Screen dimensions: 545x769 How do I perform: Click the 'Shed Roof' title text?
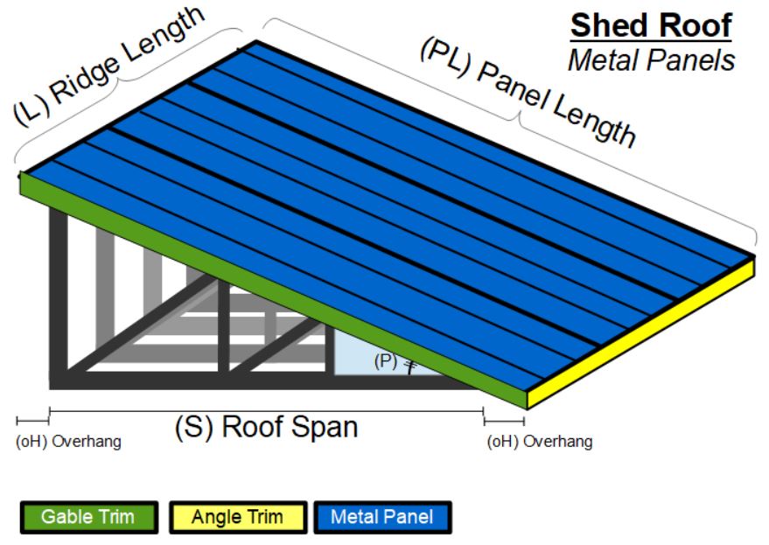point(650,25)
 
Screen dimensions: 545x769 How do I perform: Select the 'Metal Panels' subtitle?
point(651,59)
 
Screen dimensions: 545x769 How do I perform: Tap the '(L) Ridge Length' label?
point(109,65)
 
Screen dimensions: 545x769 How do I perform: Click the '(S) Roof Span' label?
point(266,427)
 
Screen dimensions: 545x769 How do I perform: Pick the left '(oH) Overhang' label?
point(69,442)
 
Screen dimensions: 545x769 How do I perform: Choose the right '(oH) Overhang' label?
point(539,442)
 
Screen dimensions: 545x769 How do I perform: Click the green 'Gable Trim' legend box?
point(88,517)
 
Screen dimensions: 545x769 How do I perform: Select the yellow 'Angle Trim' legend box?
point(237,517)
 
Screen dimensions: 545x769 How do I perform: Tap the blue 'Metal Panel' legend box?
point(381,517)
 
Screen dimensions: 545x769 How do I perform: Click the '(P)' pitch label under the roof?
point(386,360)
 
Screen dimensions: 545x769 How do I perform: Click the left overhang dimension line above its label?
point(32,422)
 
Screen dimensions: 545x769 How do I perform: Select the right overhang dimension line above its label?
point(504,422)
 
